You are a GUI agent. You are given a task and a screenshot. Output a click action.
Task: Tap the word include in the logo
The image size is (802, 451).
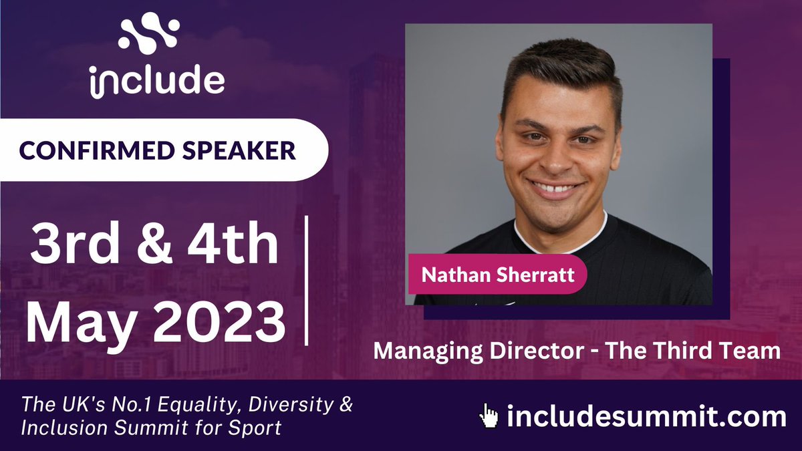pyautogui.click(x=157, y=80)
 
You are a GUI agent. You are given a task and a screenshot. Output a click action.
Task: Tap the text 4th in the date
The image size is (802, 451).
pyautogui.click(x=232, y=245)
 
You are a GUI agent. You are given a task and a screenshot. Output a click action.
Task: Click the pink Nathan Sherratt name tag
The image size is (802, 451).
pyautogui.click(x=497, y=275)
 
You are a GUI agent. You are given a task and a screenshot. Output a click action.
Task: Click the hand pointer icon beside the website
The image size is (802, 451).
pyautogui.click(x=489, y=416)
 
